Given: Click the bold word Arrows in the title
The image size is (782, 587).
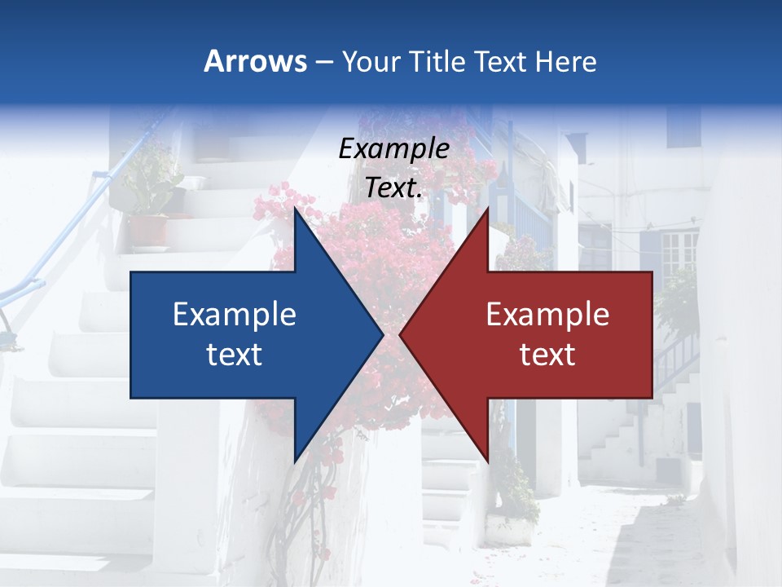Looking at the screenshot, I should click(x=255, y=61).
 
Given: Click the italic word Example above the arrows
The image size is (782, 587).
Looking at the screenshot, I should click(x=393, y=149).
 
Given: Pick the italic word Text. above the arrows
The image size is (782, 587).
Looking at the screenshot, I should click(x=393, y=188).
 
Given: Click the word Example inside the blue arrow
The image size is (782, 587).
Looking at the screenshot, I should click(x=235, y=315).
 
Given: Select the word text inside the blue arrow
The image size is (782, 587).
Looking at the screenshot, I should click(x=235, y=355).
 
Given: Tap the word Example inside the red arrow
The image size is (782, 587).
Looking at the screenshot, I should click(x=547, y=315).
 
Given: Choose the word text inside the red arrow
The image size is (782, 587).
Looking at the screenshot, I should click(x=547, y=355).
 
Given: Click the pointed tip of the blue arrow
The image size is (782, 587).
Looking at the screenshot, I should click(x=383, y=334).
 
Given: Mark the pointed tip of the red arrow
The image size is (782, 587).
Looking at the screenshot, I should click(x=400, y=334).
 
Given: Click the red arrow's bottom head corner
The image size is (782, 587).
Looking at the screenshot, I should click(x=488, y=461).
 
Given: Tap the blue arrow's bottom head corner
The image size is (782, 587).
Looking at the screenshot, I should click(x=295, y=461).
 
